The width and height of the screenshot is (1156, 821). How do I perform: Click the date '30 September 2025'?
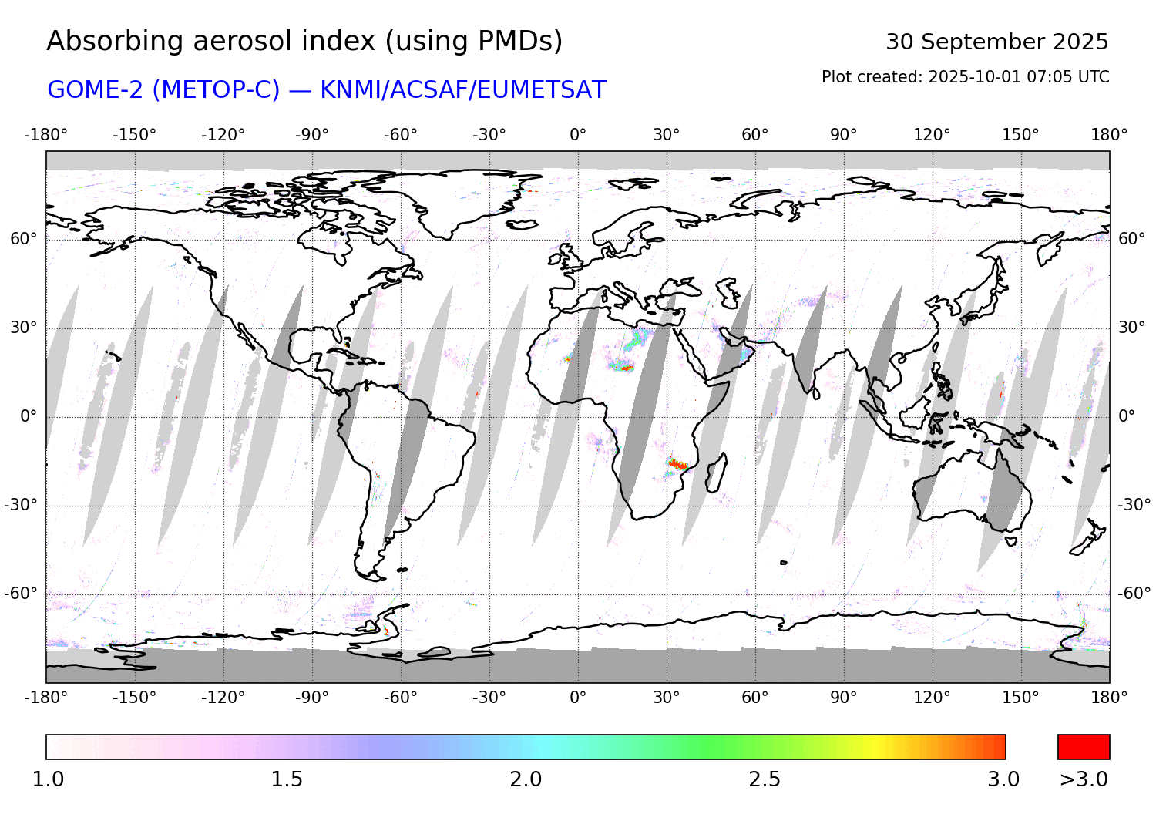[x=996, y=42]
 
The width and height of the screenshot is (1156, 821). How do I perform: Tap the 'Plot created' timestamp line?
[x=965, y=77]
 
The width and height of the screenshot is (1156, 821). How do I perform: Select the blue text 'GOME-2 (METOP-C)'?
[x=163, y=90]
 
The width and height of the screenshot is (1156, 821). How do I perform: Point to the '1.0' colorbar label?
[x=48, y=779]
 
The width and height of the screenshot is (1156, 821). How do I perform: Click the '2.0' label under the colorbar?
[x=526, y=779]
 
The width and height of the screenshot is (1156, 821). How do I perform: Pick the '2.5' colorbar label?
[x=765, y=779]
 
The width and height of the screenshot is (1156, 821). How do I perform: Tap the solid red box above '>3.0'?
[x=1084, y=747]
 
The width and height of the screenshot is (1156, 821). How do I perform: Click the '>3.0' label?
[x=1084, y=779]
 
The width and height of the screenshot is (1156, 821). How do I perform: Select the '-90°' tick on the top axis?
[x=311, y=135]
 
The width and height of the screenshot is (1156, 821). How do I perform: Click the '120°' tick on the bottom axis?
[x=932, y=698]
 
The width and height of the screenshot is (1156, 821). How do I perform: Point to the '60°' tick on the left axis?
[x=24, y=239]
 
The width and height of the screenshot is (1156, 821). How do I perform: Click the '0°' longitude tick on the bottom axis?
[x=578, y=698]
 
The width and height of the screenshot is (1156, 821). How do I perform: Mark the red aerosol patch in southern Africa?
[x=677, y=464]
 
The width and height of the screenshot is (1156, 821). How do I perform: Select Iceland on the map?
[x=523, y=224]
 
